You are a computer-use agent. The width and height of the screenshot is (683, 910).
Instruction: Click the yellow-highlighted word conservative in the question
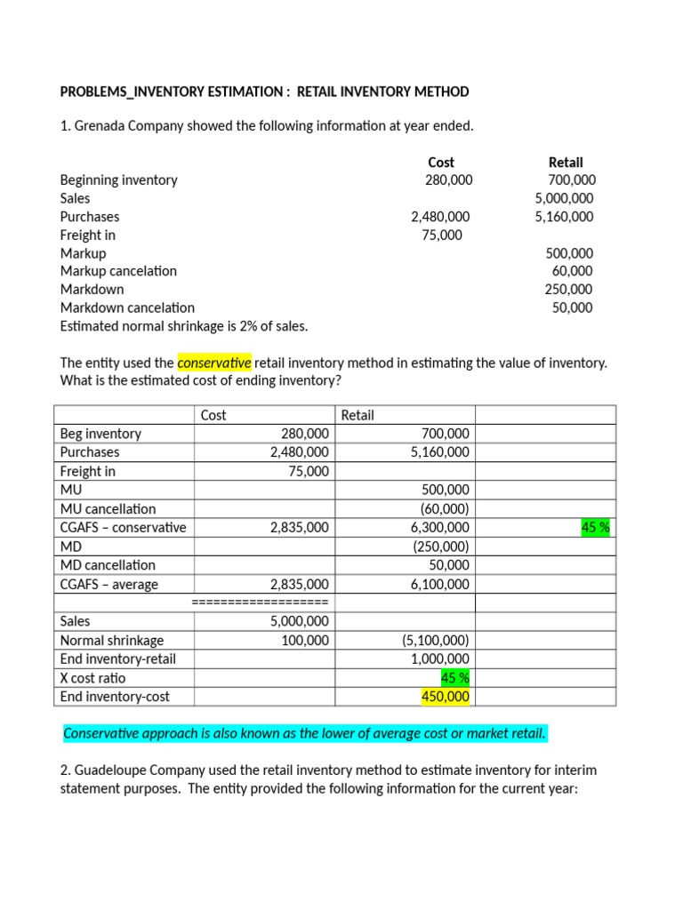[x=215, y=363]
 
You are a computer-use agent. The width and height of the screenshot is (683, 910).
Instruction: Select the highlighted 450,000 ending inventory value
[x=446, y=697]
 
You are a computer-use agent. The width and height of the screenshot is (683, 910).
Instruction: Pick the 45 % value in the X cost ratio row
[x=455, y=678]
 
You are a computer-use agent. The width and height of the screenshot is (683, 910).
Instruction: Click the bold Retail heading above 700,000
[x=566, y=162]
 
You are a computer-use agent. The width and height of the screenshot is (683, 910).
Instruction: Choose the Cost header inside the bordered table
[x=213, y=415]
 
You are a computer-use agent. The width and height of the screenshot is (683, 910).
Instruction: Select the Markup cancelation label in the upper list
[x=118, y=271]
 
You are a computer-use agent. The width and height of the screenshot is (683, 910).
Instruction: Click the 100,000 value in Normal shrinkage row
[x=305, y=640]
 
